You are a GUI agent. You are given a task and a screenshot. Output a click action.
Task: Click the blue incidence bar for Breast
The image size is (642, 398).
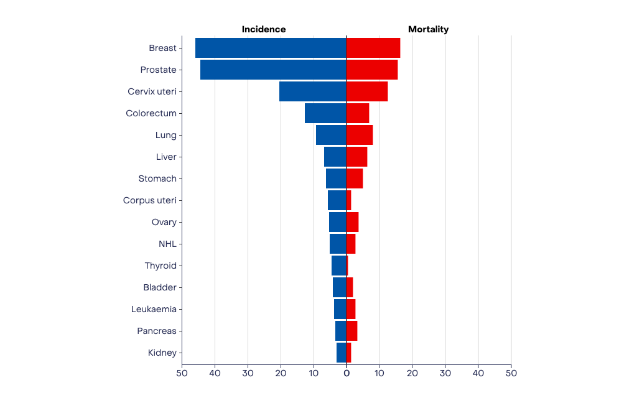(271, 48)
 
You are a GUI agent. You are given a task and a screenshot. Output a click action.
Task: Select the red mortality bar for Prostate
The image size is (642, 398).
(372, 70)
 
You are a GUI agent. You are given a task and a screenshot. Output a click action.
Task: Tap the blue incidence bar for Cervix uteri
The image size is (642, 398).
(313, 91)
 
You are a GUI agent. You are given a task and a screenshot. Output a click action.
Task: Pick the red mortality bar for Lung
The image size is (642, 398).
(360, 135)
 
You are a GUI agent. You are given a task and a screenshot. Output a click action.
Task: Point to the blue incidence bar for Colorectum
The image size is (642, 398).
(325, 113)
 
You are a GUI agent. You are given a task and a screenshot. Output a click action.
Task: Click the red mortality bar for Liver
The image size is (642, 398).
(356, 157)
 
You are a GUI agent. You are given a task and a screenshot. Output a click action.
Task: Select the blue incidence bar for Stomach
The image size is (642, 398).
(336, 178)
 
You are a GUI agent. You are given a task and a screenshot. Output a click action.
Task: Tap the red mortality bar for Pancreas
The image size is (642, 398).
(351, 331)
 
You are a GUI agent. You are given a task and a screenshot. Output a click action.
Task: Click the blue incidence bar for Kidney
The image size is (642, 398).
(342, 353)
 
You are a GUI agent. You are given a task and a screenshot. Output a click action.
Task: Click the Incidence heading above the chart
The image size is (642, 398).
(264, 29)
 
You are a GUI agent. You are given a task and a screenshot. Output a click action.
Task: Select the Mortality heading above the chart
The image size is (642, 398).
(428, 29)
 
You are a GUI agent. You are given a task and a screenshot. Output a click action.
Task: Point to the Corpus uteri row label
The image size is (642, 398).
(150, 200)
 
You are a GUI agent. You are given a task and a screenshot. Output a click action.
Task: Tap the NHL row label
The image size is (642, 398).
(168, 244)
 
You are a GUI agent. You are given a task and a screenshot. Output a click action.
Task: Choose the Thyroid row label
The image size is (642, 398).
(160, 266)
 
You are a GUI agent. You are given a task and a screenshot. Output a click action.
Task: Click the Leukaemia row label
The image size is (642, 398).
(154, 309)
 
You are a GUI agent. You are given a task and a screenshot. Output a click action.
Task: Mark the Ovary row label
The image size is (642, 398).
(164, 222)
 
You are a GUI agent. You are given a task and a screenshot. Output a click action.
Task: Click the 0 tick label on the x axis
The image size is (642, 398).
(347, 373)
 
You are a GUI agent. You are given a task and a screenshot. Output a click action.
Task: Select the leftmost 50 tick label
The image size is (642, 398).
(182, 373)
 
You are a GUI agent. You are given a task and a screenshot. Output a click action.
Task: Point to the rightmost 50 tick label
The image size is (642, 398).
(511, 373)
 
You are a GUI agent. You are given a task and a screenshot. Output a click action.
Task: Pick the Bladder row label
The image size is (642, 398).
(160, 287)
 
